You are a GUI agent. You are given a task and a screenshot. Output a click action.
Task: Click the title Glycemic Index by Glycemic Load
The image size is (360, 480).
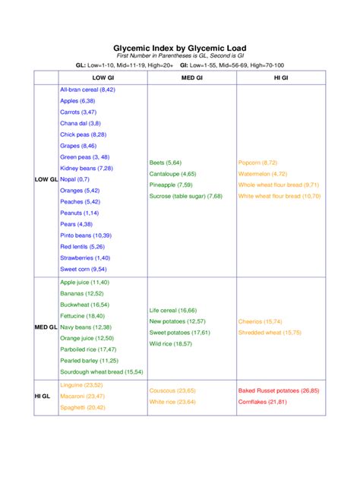tap(179, 46)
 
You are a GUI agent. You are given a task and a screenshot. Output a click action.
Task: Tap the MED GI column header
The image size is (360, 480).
tap(191, 77)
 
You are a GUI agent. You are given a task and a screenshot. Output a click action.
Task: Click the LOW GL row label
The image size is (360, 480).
tap(46, 179)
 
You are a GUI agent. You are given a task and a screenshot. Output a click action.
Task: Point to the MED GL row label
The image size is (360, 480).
tap(46, 327)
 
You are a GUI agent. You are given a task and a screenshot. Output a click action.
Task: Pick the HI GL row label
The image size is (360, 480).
tap(43, 396)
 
